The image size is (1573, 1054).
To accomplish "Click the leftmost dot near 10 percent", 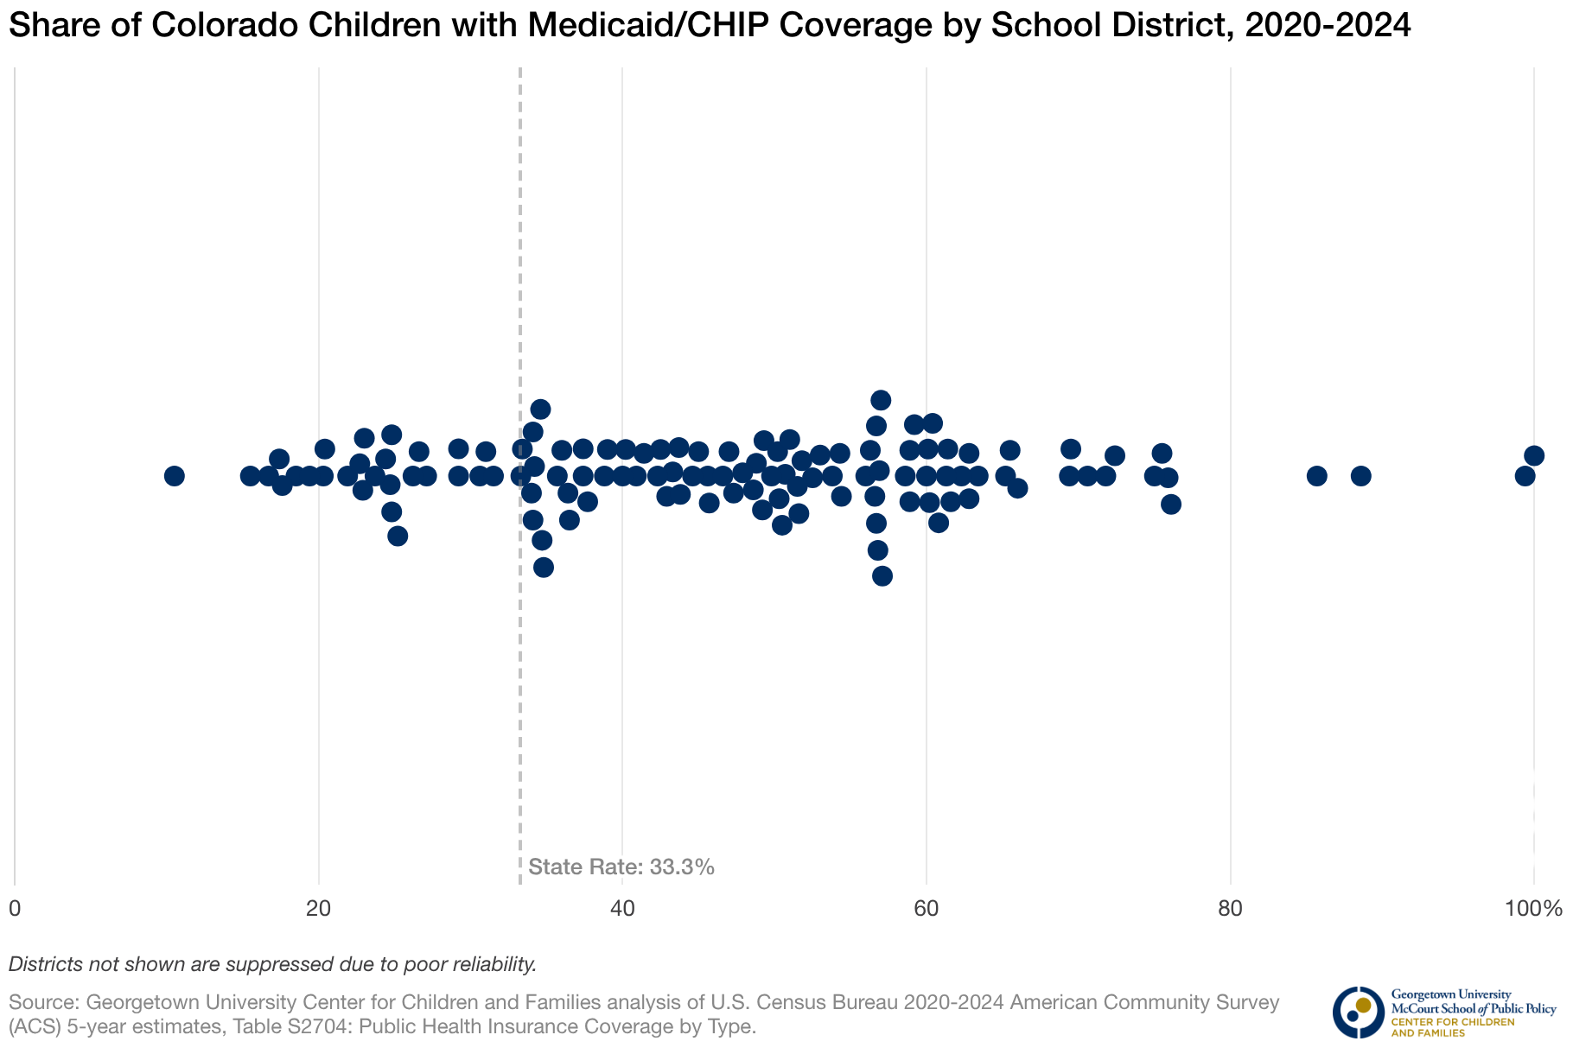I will point(175,476).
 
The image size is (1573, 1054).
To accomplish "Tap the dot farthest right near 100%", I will point(1534,455).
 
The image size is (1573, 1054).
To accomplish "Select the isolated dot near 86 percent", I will point(1316,476).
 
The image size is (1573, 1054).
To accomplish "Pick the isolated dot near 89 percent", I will point(1361,476).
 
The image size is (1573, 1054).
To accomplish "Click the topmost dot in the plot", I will point(881,400).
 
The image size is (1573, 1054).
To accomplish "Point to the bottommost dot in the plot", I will point(882,576).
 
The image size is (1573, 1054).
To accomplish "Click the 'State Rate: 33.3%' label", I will point(621,867).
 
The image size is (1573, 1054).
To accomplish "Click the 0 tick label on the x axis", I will point(15,909).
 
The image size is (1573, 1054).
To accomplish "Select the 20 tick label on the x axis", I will point(319,909).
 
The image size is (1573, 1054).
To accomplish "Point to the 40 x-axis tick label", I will point(622,909).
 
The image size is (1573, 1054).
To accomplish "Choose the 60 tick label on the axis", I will point(927,909).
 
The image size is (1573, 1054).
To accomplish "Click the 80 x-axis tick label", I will point(1230,909).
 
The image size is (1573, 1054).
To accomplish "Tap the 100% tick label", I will point(1533,909).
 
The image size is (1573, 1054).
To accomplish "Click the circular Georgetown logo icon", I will point(1358,1012).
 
